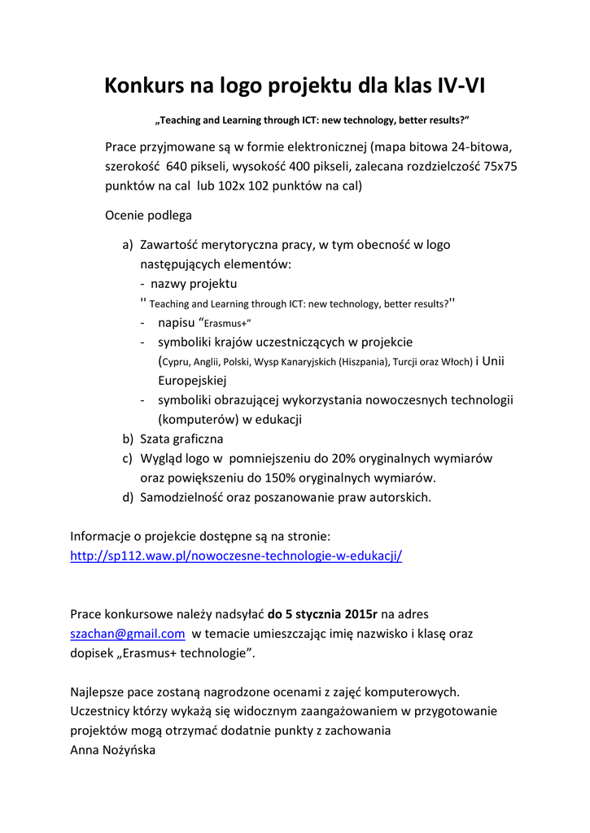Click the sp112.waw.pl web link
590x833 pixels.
tap(236, 556)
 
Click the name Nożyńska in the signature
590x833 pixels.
tap(128, 750)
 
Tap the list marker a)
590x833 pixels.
tap(128, 244)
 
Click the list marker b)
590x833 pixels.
tap(128, 439)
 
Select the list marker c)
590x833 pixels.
tap(128, 459)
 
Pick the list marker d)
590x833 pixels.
tap(128, 497)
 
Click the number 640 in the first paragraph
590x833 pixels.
tap(181, 166)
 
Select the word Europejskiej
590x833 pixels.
tap(191, 380)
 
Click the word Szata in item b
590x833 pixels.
tap(156, 439)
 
